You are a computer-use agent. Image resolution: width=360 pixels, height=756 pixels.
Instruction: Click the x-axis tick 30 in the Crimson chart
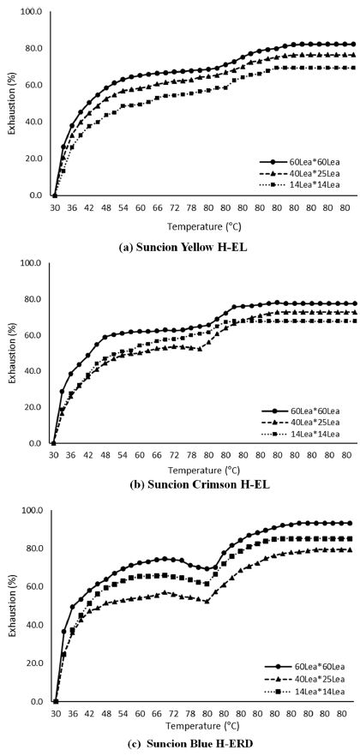pyautogui.click(x=54, y=455)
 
